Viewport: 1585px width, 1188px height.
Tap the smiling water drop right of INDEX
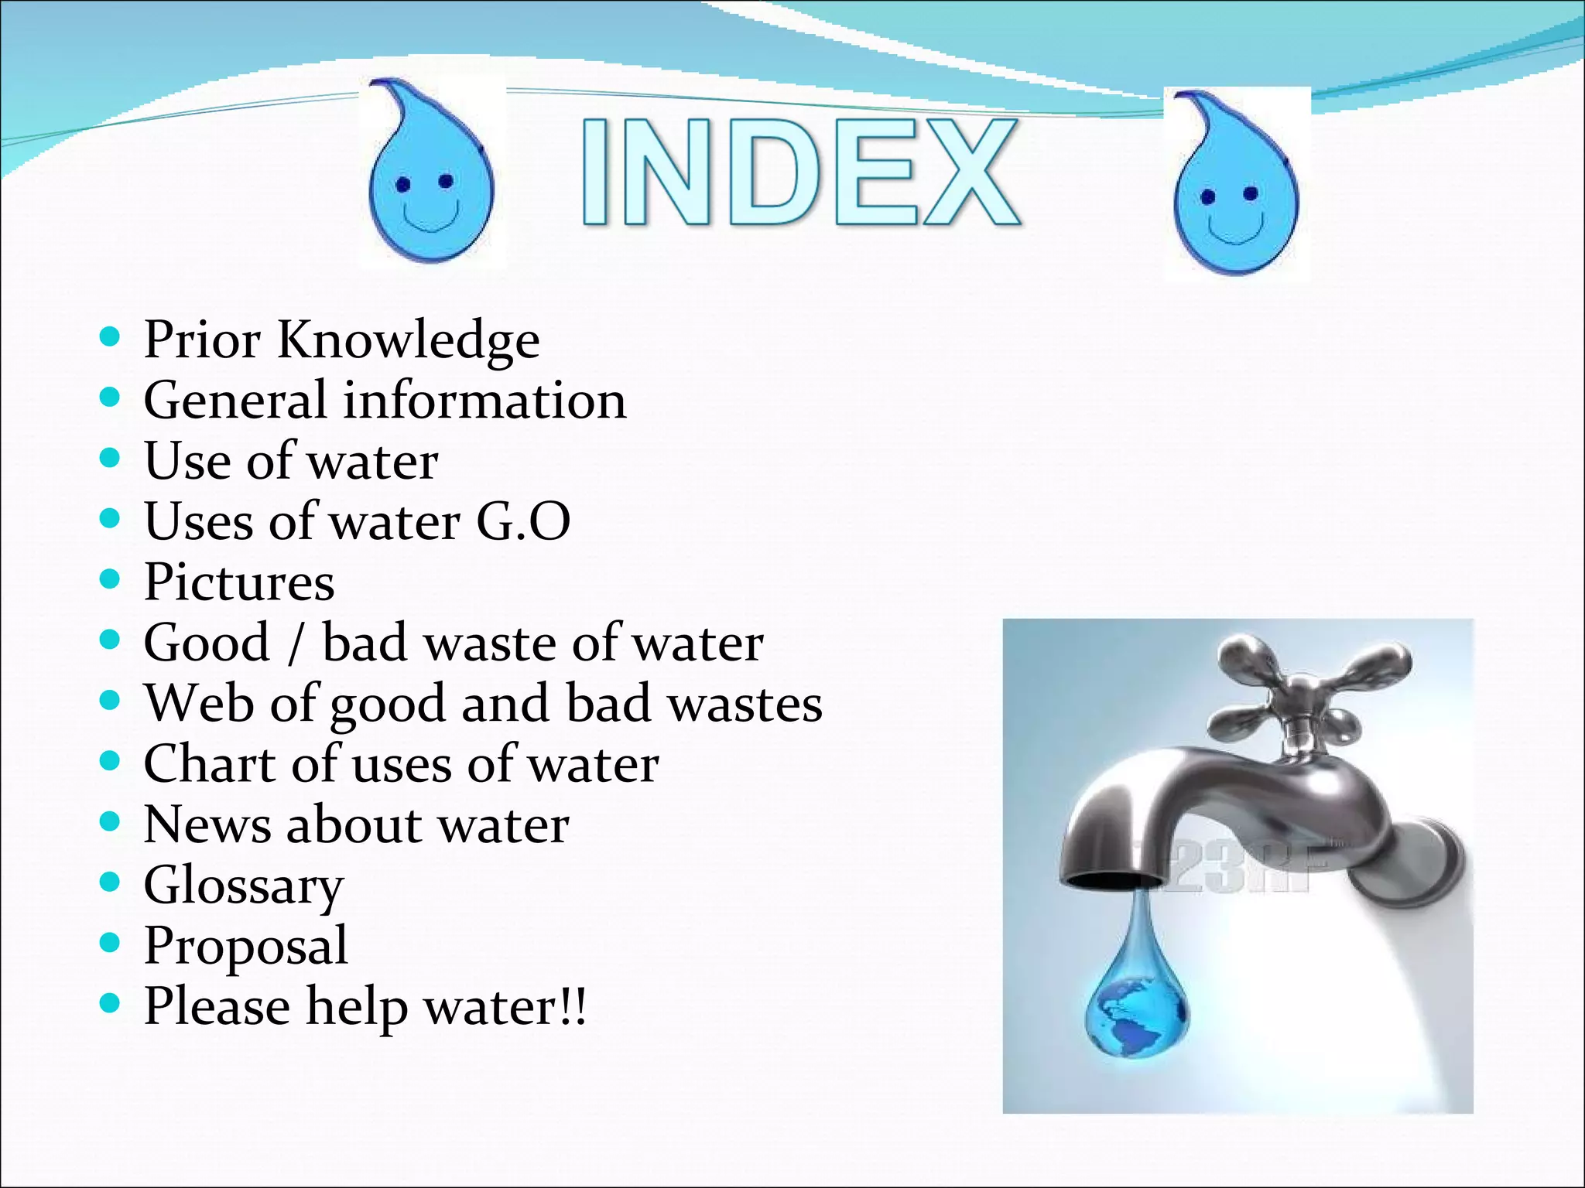(x=1235, y=186)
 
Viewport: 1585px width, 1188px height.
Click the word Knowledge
(x=408, y=340)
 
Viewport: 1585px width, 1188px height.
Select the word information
(x=484, y=401)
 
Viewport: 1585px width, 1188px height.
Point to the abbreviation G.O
(x=523, y=521)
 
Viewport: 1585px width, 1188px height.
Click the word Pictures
(x=239, y=582)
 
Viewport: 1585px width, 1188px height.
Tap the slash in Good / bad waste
(x=294, y=643)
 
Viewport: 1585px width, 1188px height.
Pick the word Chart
(x=211, y=764)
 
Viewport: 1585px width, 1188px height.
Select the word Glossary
(x=244, y=886)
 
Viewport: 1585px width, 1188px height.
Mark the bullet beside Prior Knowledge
(x=111, y=336)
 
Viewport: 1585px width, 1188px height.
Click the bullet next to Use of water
(x=111, y=458)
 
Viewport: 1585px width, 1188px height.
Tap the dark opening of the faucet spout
(x=1112, y=880)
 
